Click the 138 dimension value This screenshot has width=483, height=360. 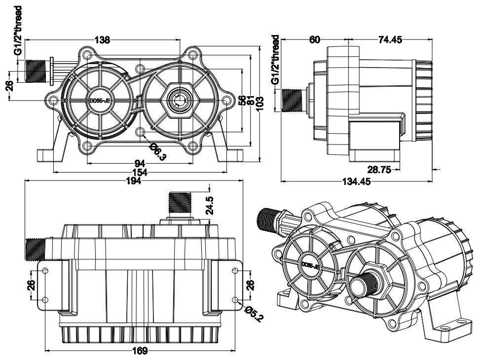102,40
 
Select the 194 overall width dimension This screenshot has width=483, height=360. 134,181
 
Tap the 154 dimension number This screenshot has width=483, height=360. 140,173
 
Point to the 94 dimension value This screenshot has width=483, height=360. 140,163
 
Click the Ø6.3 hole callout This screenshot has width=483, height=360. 158,151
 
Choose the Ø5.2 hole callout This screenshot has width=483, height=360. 254,313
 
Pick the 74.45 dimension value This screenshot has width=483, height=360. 390,40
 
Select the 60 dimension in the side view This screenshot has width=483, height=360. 315,40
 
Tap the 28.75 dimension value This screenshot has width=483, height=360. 379,169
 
